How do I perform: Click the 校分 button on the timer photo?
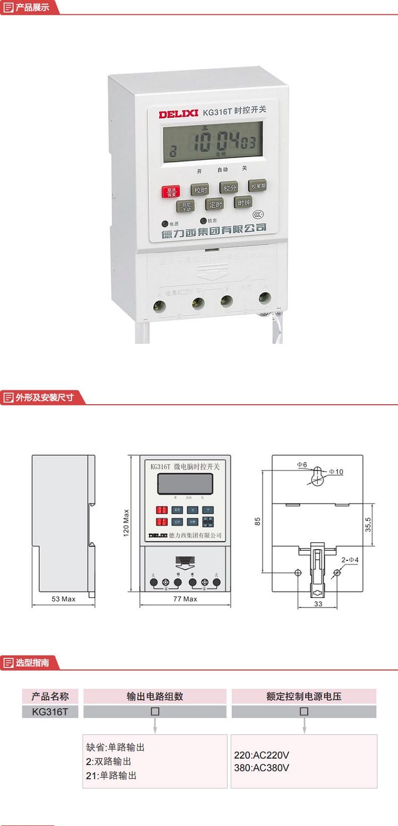tap(229, 188)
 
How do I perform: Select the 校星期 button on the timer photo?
tap(258, 186)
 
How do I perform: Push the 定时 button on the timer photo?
tap(215, 204)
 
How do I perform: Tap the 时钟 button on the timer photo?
tap(244, 202)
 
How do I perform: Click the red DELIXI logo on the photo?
tap(178, 113)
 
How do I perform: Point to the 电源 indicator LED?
tap(166, 224)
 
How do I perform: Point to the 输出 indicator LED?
tap(203, 221)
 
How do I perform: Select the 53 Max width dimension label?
tap(63, 599)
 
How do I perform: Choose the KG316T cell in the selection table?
tap(50, 711)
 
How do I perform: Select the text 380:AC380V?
tap(262, 767)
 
